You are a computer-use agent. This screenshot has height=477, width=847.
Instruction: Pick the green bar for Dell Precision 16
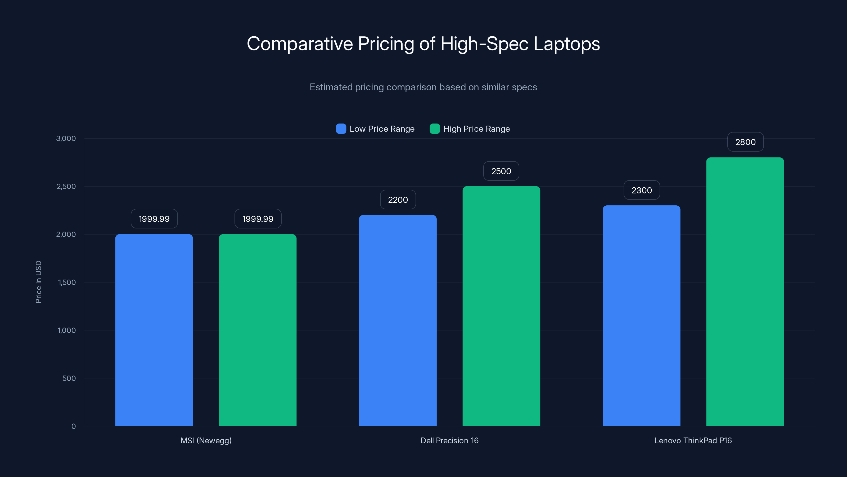[x=501, y=306]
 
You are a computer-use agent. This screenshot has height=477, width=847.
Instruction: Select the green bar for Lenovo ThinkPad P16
[x=745, y=291]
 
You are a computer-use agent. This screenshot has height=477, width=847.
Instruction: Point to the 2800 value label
[x=745, y=142]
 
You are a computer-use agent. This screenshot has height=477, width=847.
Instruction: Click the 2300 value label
[x=642, y=190]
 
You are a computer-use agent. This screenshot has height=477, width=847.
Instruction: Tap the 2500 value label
[x=501, y=171]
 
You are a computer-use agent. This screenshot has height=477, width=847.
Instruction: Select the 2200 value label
[x=398, y=200]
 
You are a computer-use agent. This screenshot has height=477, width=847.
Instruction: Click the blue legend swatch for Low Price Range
[x=341, y=129]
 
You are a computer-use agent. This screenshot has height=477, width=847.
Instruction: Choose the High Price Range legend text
[x=476, y=129]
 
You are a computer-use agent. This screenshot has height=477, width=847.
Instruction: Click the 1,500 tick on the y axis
[x=67, y=282]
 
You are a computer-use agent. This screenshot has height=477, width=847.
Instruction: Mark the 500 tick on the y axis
[x=69, y=378]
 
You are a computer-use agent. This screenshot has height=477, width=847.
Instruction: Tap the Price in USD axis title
[x=38, y=282]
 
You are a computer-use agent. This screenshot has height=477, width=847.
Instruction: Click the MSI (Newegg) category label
[x=206, y=440]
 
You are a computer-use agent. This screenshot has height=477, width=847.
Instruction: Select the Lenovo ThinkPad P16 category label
[x=693, y=440]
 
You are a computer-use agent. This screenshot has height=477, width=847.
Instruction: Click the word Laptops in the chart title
[x=566, y=44]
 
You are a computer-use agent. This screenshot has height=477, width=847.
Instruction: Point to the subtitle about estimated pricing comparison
[x=423, y=87]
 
